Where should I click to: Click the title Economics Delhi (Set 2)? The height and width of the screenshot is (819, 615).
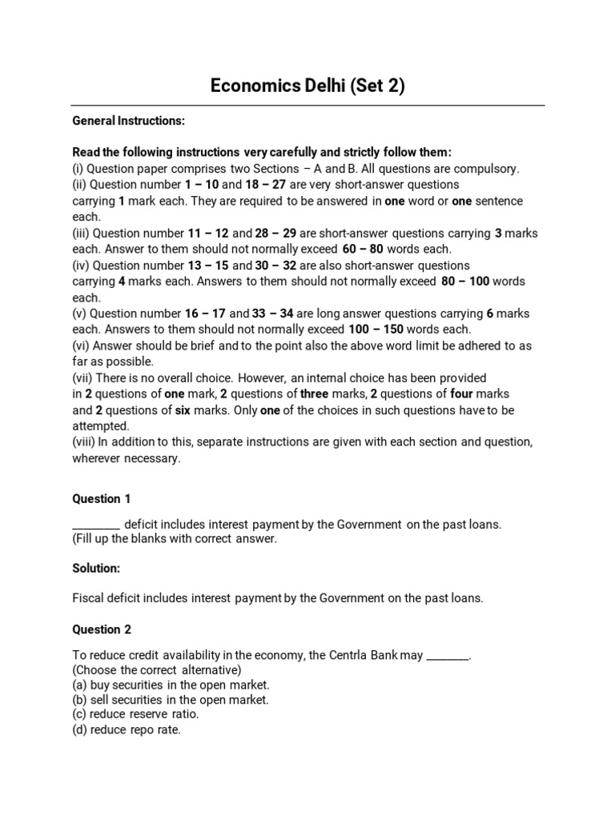click(307, 86)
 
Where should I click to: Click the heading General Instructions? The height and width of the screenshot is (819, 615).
click(128, 121)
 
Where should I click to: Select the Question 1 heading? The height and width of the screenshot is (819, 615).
click(102, 498)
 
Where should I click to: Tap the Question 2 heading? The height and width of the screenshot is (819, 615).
click(102, 629)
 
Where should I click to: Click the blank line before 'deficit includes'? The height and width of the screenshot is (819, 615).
click(96, 525)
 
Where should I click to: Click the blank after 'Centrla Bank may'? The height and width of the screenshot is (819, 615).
click(447, 656)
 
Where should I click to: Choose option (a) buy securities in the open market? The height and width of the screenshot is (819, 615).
click(171, 685)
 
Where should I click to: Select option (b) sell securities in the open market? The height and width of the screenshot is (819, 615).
click(171, 700)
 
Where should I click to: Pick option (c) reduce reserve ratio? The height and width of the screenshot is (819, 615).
click(135, 714)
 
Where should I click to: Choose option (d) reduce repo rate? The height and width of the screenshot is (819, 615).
click(127, 729)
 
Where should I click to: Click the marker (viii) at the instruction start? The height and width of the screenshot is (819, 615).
click(82, 442)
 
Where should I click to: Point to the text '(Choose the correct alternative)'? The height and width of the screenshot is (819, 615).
click(157, 670)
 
